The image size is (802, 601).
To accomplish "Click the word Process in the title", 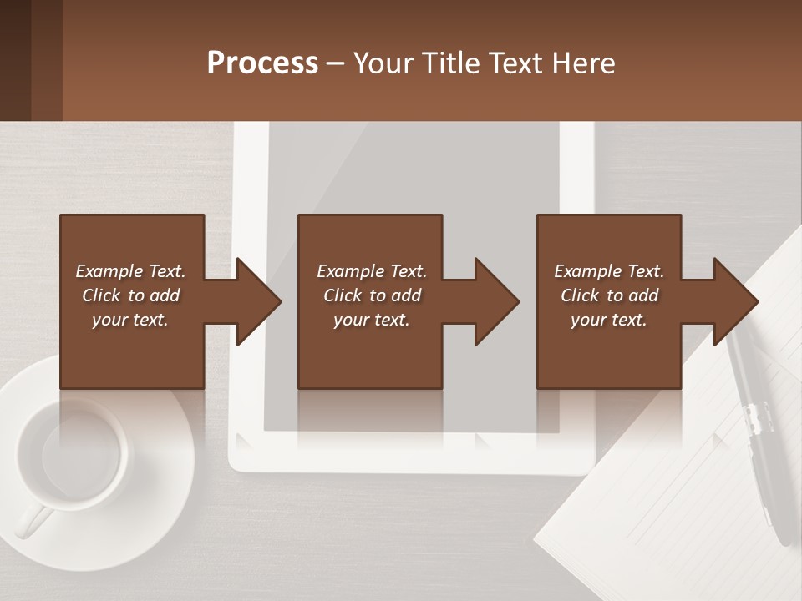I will tap(262, 63).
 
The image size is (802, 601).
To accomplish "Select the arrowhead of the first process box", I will tap(259, 301).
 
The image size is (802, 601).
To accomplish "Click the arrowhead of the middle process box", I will tap(498, 301).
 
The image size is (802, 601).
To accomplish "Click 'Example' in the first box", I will tap(109, 271).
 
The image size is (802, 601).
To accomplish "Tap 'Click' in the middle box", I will tap(343, 295).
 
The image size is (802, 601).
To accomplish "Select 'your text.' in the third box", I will tap(609, 320).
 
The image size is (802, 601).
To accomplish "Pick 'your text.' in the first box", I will tap(130, 320).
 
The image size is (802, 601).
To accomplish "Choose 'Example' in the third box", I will tap(587, 271).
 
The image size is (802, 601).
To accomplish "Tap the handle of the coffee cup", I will tap(33, 521).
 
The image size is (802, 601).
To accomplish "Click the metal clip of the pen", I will tap(756, 417).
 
